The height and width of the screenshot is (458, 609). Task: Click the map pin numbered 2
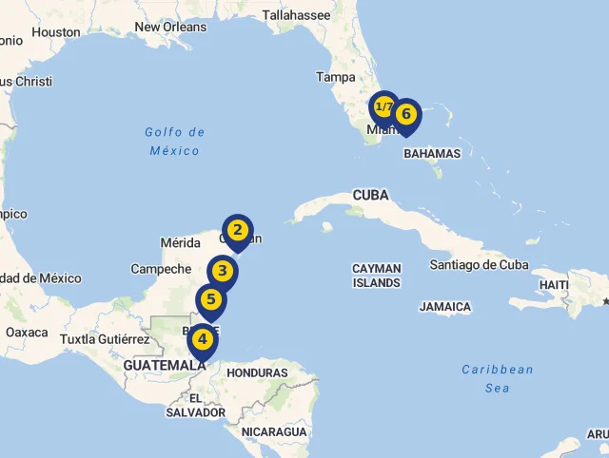pos(238,229)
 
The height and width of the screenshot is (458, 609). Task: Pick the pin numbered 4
pos(202,339)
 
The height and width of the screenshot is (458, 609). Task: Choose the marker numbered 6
pos(406,114)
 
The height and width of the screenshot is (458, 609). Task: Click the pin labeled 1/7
pos(383,106)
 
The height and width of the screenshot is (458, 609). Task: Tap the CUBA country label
pos(370,195)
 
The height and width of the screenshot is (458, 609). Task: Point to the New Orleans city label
pos(170,27)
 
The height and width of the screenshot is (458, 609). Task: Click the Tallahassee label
pos(296,15)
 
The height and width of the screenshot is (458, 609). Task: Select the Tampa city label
pos(335,77)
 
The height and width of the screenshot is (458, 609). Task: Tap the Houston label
pos(56,32)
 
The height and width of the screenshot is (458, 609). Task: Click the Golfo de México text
pos(175,142)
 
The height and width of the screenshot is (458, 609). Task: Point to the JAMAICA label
pos(444,307)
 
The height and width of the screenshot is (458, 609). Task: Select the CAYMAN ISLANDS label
pos(377,276)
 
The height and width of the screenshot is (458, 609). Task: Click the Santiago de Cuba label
pos(492,264)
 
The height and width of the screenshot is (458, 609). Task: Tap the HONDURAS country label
pos(257,372)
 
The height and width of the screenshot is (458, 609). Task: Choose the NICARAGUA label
pos(274,431)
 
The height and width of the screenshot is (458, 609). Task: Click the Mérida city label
pos(181,243)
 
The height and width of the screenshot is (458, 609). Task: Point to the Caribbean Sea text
pos(498,378)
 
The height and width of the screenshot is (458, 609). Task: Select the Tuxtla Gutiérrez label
pos(105,339)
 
